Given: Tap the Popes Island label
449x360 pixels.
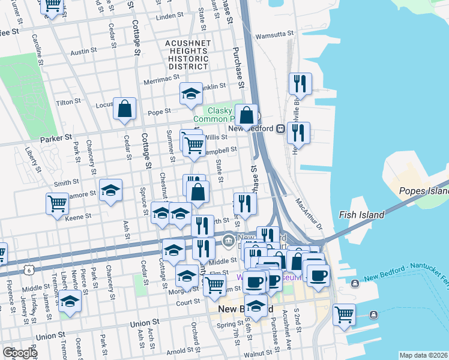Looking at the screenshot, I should (x=424, y=191).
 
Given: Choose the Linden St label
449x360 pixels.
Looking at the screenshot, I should (x=168, y=16).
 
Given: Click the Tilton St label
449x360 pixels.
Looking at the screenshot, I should (x=69, y=102).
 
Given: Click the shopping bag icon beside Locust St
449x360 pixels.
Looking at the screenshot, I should (x=124, y=109).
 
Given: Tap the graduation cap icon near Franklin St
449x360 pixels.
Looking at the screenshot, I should (x=191, y=94).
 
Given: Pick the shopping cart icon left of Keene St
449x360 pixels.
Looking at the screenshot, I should (x=57, y=203).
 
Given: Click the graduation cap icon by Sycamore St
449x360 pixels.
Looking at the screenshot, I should (x=110, y=190).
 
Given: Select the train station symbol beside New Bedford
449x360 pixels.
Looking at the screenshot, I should (x=280, y=128).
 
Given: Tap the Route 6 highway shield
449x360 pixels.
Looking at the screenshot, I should (x=28, y=271).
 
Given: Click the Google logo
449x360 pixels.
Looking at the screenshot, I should (x=19, y=353).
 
